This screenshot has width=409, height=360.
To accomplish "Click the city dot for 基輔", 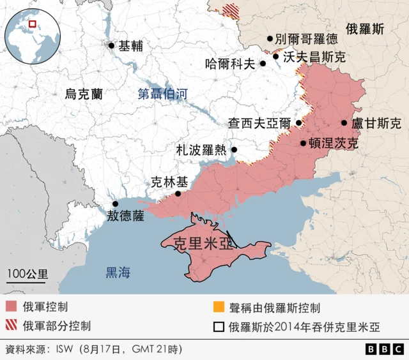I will coord(112,45).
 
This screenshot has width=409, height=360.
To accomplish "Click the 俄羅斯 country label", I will coord(365,29).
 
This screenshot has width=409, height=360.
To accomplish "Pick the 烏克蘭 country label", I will coord(84,94).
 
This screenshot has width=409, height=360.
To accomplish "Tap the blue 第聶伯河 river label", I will coord(163,94).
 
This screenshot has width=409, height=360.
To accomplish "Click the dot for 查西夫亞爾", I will coord(298,123).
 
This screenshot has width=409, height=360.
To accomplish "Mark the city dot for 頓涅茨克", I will coord(303,144).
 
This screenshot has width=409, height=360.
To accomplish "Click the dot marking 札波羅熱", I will coord(234,150).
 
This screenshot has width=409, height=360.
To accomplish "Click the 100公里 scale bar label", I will coord(27,274).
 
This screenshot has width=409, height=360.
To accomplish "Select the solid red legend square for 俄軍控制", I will coord(10,306).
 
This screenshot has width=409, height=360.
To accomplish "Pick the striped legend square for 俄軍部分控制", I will coord(10,326).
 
